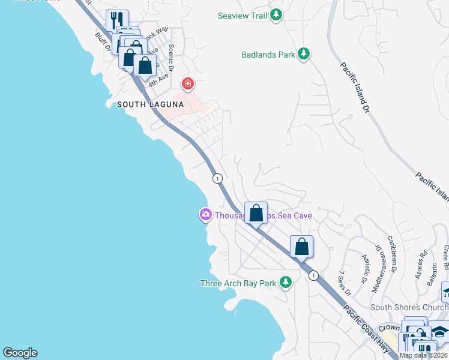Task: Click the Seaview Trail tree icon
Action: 276,16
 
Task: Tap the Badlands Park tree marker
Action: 304,55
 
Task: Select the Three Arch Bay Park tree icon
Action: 286,282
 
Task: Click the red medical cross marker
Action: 188,83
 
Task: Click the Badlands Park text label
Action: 268,55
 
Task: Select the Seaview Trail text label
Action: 243,16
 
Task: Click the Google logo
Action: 19,353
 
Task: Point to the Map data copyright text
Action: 424,355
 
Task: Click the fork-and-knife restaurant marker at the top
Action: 116,20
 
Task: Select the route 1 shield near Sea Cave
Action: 217,178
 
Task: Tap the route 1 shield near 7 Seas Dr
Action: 313,275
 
